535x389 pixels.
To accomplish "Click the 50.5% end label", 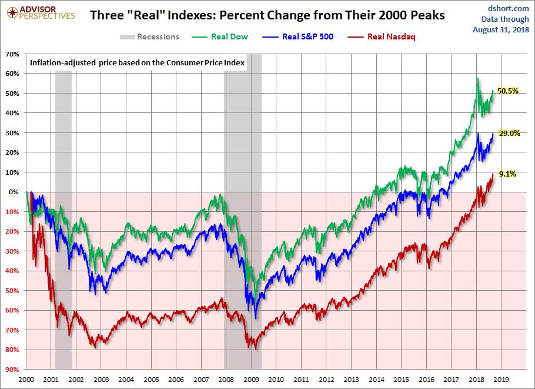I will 507,91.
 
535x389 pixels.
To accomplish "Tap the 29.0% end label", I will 509,133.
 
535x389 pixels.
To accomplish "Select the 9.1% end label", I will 507,174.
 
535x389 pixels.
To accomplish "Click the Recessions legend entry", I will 150,36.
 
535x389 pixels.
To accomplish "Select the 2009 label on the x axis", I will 251,380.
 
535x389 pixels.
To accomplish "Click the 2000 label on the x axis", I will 26,380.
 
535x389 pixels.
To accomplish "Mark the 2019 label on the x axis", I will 501,380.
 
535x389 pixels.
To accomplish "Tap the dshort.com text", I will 504,8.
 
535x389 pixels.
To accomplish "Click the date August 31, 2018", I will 501,29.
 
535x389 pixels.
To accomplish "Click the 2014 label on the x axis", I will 376,380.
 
